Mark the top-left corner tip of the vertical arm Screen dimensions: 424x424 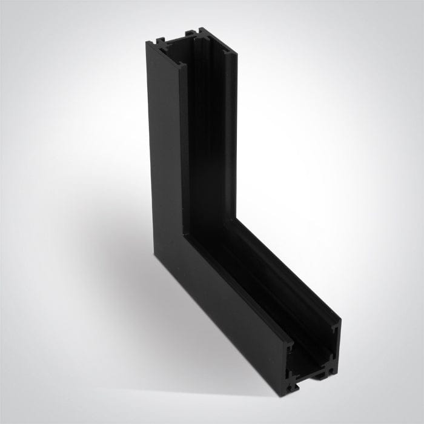[147, 41]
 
